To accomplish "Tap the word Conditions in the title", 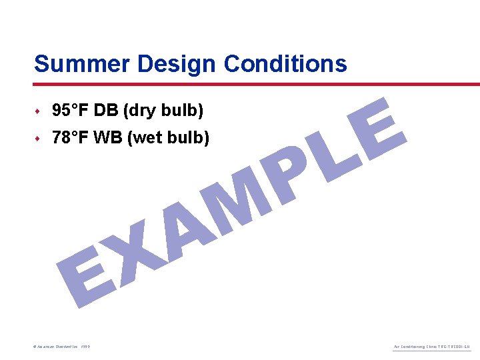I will (x=285, y=64).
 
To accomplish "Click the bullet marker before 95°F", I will (x=39, y=110).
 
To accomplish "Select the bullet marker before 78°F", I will (x=39, y=139).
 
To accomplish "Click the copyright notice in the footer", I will (x=61, y=347).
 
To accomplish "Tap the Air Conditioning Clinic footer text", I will (x=432, y=347).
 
